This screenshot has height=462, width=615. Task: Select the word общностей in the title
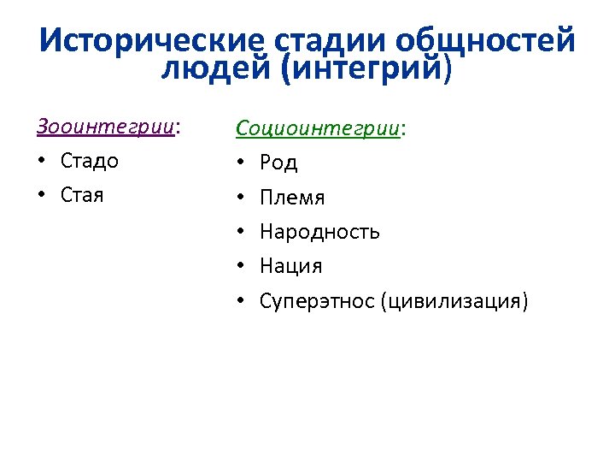coord(485,40)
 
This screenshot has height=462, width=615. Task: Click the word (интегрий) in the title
coord(361,68)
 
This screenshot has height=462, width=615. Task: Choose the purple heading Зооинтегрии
coord(105,127)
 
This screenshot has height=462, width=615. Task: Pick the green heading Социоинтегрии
coord(318,128)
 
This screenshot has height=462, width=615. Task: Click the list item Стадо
coord(90,161)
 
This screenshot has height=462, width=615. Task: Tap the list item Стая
coord(82,195)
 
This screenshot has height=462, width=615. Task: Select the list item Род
coord(278,163)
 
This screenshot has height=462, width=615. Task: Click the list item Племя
coord(292,198)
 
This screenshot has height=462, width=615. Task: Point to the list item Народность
coord(319,232)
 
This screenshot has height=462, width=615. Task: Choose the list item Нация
coord(290,266)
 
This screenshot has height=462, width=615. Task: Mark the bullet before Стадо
coord(42,162)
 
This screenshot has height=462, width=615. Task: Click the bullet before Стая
coord(42,196)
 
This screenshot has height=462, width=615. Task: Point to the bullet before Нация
coord(242,267)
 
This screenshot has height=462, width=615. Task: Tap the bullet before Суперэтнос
coord(242,301)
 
